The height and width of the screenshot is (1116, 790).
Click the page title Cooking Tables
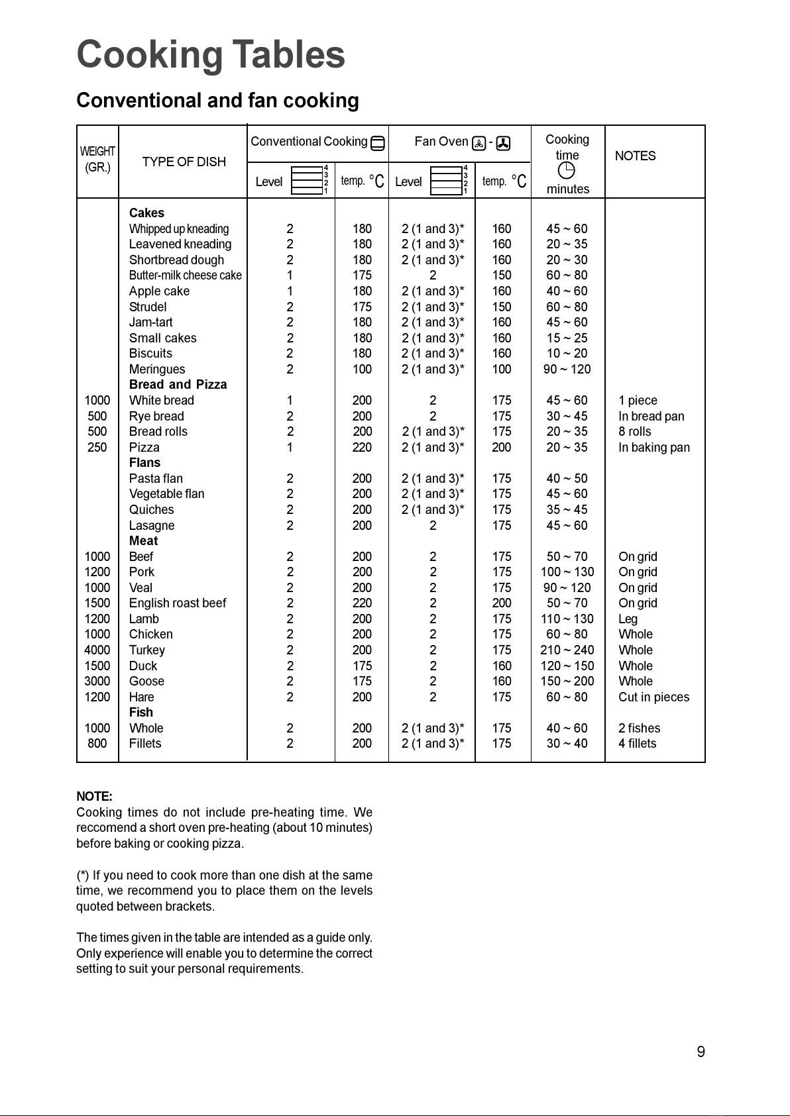(211, 54)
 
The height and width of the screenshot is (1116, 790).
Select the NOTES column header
(635, 156)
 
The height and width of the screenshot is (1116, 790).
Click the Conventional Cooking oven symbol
(378, 142)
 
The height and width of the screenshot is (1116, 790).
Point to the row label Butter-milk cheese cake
(185, 276)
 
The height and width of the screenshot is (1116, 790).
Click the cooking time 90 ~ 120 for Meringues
(567, 370)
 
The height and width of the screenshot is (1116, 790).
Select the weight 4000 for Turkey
(97, 650)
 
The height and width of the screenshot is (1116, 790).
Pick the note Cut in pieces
(653, 697)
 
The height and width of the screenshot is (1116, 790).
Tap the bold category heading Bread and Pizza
(178, 385)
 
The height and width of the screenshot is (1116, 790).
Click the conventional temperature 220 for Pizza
(362, 448)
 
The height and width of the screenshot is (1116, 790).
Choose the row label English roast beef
(177, 603)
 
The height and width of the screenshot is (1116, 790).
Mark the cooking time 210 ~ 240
(567, 650)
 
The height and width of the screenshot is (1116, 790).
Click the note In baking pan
(653, 448)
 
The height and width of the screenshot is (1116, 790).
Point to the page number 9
(701, 1052)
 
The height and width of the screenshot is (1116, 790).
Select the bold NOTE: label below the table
(94, 797)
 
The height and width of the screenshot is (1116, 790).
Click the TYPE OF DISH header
(184, 162)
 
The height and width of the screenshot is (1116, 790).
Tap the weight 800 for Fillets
(97, 744)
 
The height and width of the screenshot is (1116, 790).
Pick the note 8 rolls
(634, 432)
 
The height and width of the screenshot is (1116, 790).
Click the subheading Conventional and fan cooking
(217, 101)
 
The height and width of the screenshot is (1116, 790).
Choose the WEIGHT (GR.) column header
(97, 160)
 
